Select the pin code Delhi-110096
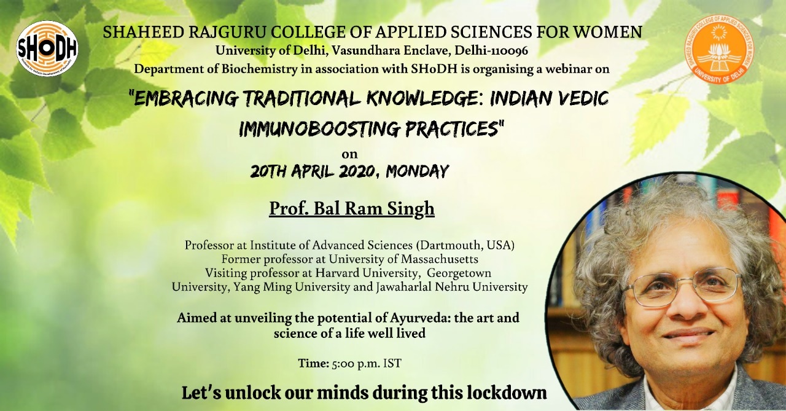coord(491,51)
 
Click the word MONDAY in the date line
coord(417,171)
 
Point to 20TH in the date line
coord(268,171)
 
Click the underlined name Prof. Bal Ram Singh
coord(352,209)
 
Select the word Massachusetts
coord(439,259)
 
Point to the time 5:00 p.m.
coord(356,364)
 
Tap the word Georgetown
coord(459,273)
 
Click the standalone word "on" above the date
coord(350,154)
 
